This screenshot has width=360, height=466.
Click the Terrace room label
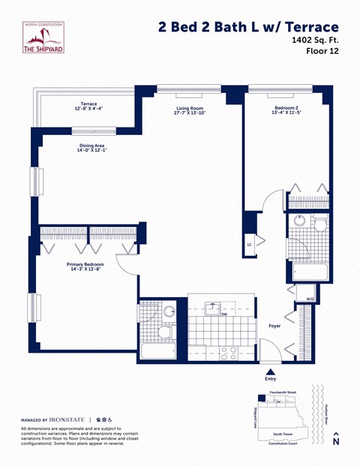[x=89, y=104]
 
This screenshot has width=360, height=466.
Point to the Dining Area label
[x=91, y=146]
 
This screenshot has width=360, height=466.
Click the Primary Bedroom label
[x=85, y=265]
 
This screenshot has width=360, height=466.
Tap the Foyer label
[x=274, y=326]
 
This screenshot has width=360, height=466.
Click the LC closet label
[x=250, y=244]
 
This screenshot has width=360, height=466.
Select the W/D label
[x=310, y=299]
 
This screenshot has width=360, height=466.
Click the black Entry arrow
[x=270, y=370]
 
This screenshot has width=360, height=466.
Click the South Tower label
[x=283, y=433]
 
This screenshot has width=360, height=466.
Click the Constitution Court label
[x=285, y=443]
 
